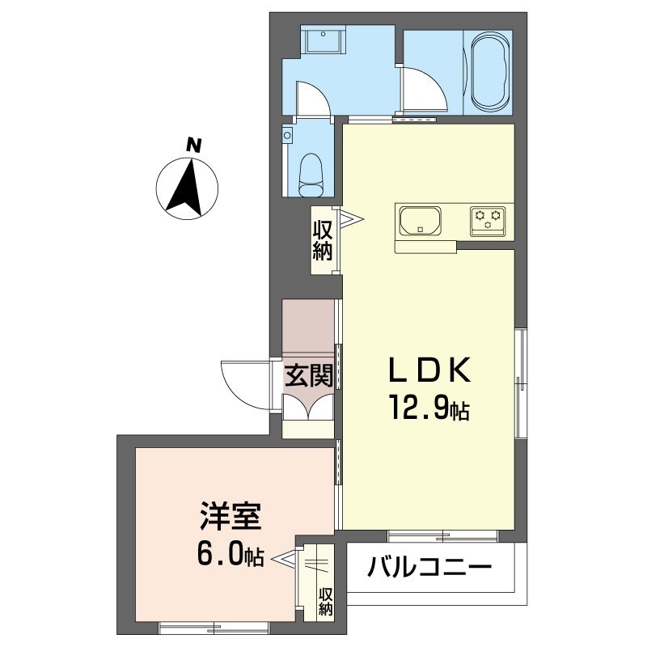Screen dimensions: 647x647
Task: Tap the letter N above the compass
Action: [x=192, y=146]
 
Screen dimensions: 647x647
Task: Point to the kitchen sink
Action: [x=419, y=221]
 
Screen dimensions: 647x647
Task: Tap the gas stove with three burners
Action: [x=488, y=220]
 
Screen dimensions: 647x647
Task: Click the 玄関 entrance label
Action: [x=308, y=377]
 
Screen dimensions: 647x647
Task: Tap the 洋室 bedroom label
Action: [x=230, y=515]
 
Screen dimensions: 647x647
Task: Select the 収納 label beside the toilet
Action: [x=323, y=239]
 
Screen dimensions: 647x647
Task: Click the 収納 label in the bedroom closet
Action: [x=326, y=602]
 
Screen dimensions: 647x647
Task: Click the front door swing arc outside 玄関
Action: [x=241, y=383]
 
